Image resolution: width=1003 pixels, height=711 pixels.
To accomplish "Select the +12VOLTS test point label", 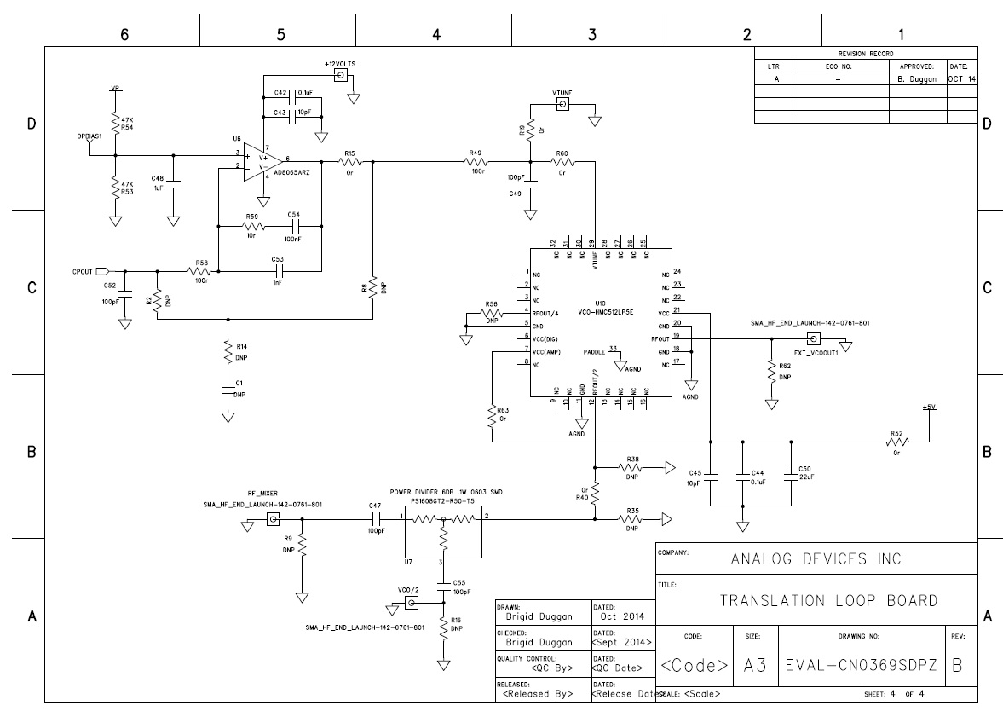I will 339,65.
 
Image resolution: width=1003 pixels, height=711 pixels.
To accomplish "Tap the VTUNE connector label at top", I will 562,92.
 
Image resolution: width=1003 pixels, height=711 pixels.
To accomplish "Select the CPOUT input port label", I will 81,271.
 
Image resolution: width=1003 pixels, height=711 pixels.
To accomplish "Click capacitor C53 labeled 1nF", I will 277,271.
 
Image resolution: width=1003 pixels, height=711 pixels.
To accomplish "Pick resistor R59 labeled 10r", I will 252,227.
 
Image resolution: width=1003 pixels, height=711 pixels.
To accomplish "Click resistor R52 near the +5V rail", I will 896,442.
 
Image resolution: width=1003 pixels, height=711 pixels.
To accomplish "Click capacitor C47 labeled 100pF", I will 375,518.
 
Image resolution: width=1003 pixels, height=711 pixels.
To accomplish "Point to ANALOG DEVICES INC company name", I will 816,559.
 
